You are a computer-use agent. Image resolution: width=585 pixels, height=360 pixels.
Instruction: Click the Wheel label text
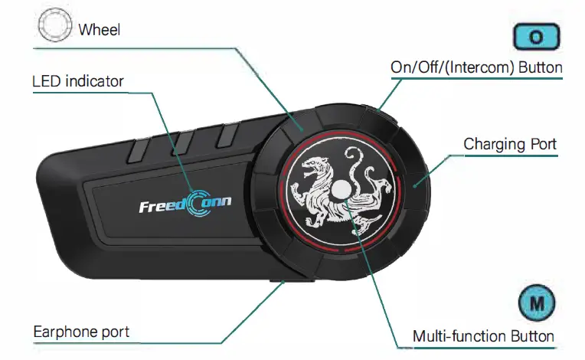[x=100, y=31]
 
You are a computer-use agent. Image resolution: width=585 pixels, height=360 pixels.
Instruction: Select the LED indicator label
[x=78, y=80]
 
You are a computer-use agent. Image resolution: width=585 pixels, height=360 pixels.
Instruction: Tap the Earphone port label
[x=81, y=332]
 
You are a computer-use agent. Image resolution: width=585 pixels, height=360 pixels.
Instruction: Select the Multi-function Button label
[x=483, y=335]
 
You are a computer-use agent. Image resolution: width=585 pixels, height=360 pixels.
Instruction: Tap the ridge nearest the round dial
[x=227, y=135]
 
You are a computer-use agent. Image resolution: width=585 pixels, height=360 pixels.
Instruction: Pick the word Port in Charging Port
[x=541, y=144]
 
